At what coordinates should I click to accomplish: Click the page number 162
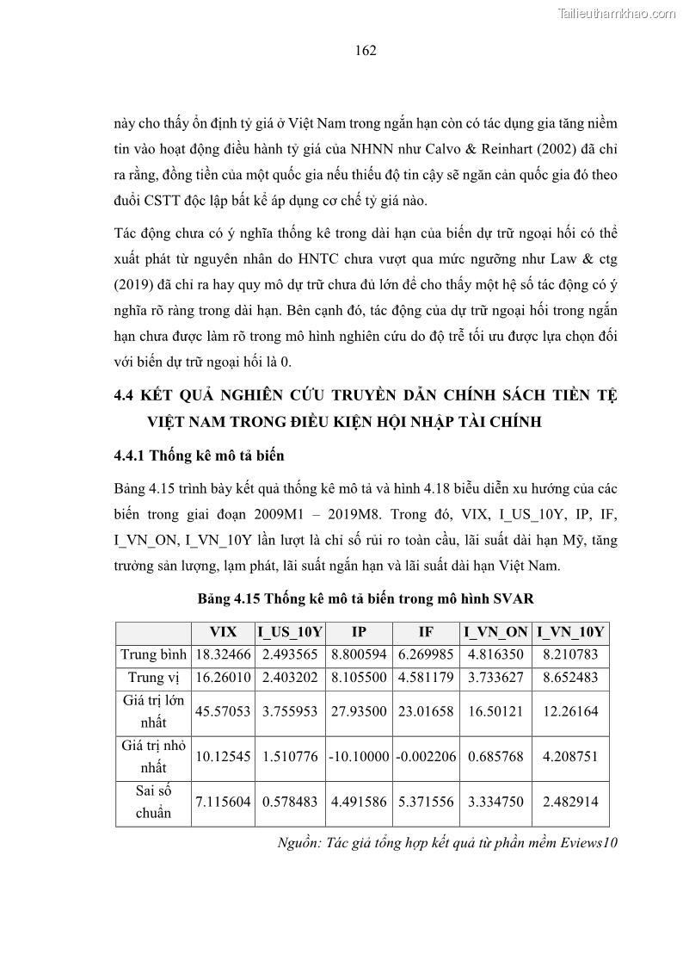tap(366, 51)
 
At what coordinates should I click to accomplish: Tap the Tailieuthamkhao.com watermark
tap(618, 13)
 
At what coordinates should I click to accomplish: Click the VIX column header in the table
tap(223, 632)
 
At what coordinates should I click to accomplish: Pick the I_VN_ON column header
tap(497, 632)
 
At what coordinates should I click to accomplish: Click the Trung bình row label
tap(153, 655)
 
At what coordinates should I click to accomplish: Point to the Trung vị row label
tap(153, 678)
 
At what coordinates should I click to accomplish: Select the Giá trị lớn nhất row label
tap(153, 712)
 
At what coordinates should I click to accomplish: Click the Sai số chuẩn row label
tap(153, 802)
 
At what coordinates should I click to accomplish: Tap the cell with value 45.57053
tap(223, 712)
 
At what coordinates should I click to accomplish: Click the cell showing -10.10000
tap(359, 757)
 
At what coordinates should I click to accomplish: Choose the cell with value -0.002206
tap(426, 757)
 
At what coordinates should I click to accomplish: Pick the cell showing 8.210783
tap(569, 655)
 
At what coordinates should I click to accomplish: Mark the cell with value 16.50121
tap(497, 712)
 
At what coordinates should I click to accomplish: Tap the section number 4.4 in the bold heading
tap(126, 395)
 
